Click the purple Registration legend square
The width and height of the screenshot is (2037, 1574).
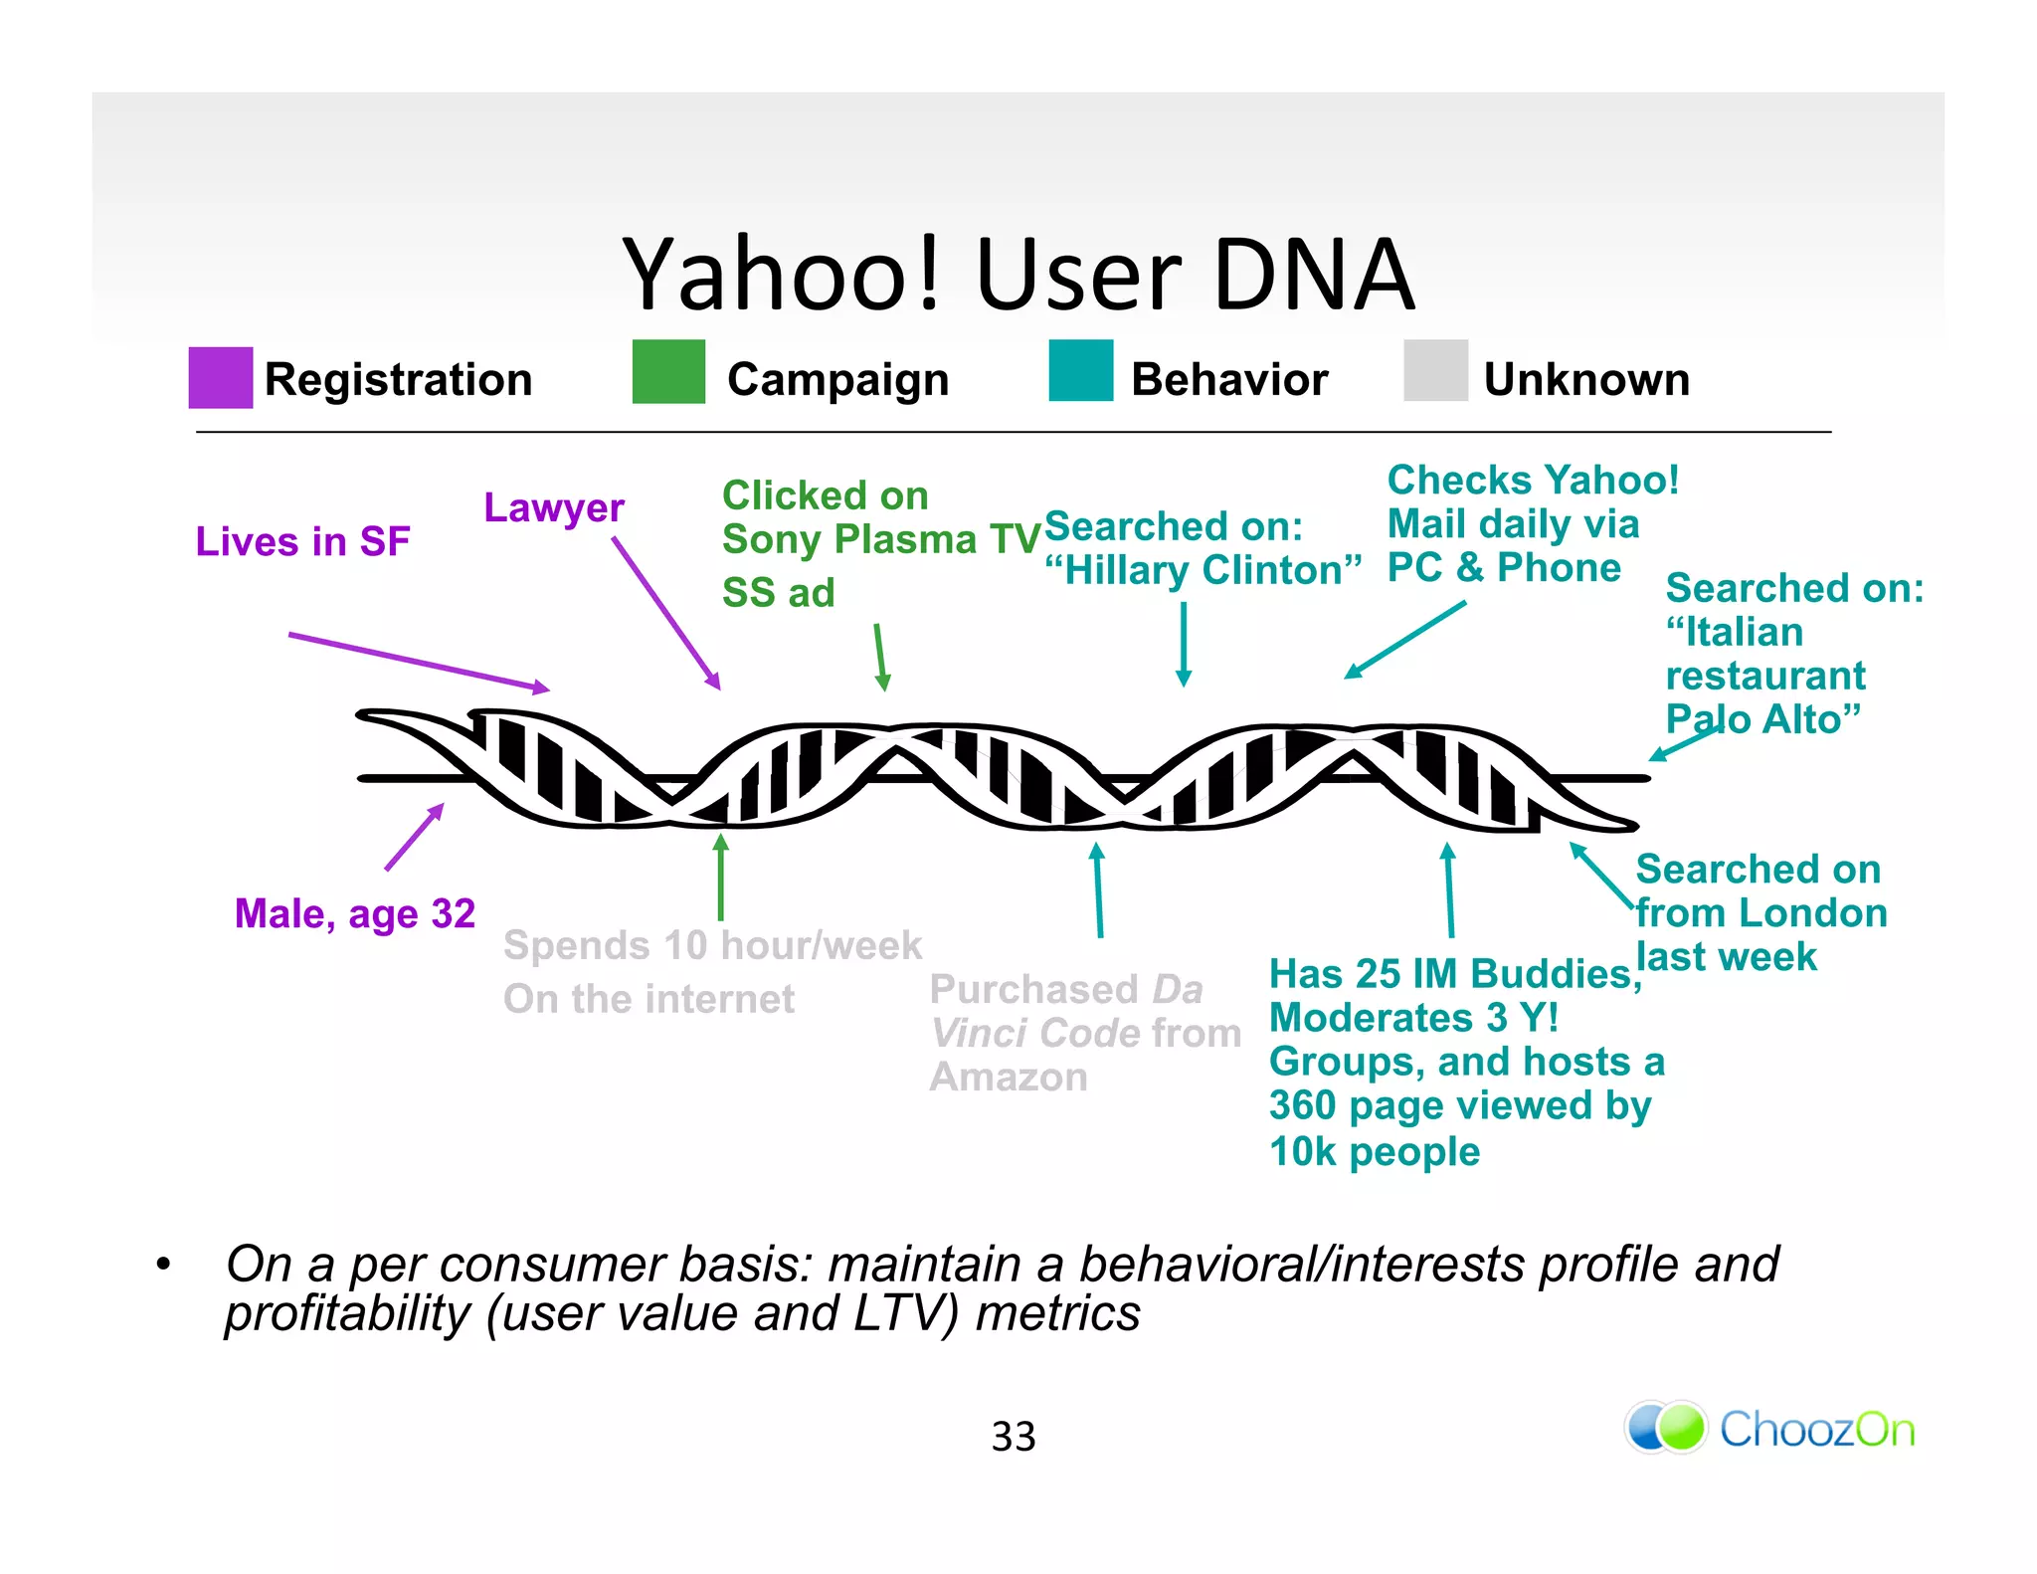(x=220, y=377)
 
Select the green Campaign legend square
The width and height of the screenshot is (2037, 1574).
(x=667, y=371)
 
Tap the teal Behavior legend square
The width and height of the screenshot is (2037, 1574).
(x=1080, y=370)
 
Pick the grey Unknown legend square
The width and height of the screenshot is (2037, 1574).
(x=1434, y=370)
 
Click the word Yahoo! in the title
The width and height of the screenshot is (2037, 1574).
(x=782, y=275)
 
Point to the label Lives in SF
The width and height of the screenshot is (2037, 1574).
(x=302, y=541)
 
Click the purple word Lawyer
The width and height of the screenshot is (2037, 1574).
(x=553, y=507)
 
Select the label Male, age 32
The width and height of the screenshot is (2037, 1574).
(x=354, y=913)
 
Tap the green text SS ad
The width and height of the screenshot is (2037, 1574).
(x=778, y=593)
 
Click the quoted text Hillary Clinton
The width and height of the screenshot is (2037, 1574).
(x=1203, y=571)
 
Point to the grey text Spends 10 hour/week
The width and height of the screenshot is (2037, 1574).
(x=712, y=945)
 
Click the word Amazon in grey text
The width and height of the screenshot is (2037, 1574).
(x=1008, y=1078)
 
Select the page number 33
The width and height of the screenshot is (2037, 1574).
(x=1014, y=1436)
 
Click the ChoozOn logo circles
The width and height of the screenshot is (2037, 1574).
(x=1666, y=1428)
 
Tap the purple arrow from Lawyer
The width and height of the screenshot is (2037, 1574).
(x=665, y=613)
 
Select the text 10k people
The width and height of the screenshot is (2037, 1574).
(x=1374, y=1152)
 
